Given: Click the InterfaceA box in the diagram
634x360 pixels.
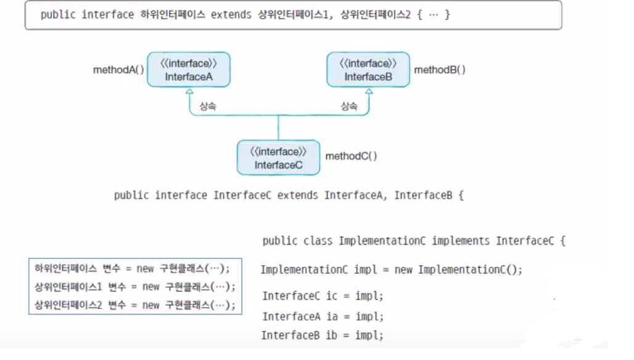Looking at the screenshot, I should (188, 70).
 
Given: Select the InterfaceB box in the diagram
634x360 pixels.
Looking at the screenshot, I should (368, 70).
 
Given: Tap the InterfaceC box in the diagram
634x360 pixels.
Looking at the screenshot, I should (278, 158).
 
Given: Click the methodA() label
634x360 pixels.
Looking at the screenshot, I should (118, 70).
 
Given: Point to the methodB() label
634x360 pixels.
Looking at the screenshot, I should (440, 70).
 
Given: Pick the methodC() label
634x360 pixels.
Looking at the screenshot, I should (351, 156).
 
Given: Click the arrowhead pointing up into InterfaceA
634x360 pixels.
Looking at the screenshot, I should (189, 91).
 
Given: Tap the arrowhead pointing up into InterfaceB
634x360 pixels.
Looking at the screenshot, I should (368, 91).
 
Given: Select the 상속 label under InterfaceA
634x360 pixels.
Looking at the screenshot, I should (208, 107).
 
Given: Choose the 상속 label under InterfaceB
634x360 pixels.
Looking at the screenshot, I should (349, 107).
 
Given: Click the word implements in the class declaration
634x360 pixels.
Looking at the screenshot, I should (461, 240).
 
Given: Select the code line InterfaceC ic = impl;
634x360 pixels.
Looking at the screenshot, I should (323, 296).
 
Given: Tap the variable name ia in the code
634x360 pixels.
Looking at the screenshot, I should (332, 316).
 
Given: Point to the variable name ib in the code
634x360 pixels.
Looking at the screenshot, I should (332, 335).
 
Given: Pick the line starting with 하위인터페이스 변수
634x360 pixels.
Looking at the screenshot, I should (133, 269).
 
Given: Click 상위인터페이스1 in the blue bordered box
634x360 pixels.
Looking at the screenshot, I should (68, 287).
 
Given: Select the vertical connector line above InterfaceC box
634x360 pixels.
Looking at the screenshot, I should (278, 128).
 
